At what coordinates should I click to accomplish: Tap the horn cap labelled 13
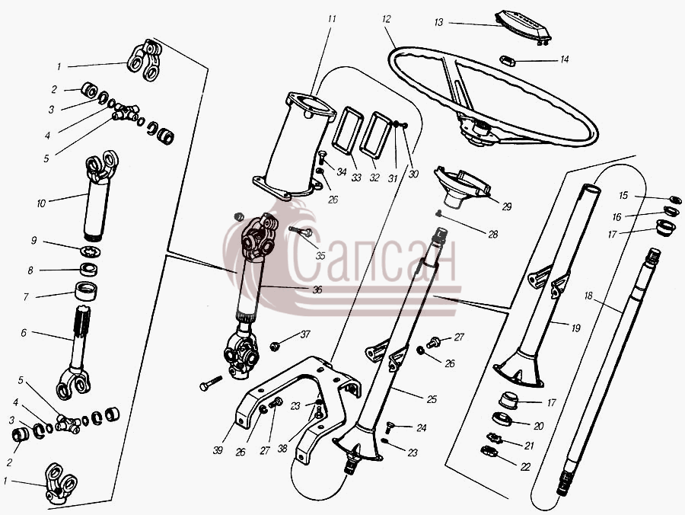click(x=522, y=27)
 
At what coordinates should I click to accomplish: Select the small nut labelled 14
click(x=508, y=60)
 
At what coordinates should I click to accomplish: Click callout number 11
click(x=332, y=19)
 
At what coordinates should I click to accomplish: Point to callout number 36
click(x=317, y=289)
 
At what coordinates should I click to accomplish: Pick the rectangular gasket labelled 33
click(x=348, y=130)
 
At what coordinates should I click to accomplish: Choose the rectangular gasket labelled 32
click(x=375, y=134)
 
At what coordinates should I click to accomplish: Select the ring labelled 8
click(x=88, y=269)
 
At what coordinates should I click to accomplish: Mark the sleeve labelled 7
click(x=86, y=292)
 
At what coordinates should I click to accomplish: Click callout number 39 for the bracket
click(x=218, y=449)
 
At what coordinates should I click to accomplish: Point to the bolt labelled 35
click(x=301, y=232)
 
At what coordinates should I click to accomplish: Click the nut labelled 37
click(x=275, y=347)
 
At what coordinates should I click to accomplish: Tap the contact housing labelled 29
click(x=463, y=185)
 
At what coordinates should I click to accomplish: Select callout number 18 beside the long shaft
click(x=588, y=296)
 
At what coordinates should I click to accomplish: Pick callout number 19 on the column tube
click(x=576, y=328)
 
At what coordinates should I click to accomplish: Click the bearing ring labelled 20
click(x=502, y=418)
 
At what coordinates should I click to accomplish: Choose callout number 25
click(x=432, y=399)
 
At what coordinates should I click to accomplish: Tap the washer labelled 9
click(x=91, y=252)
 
